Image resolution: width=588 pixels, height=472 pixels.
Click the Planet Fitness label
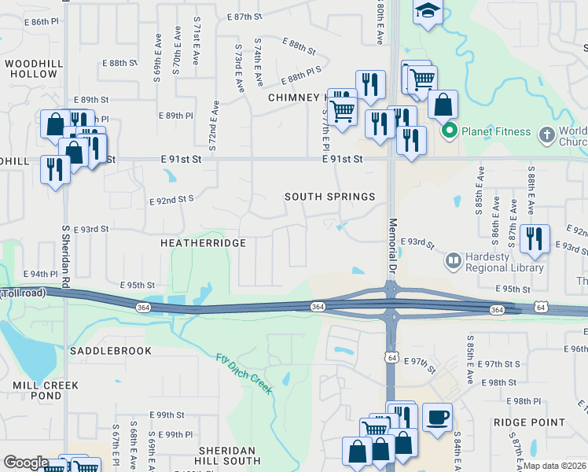click(x=496, y=131)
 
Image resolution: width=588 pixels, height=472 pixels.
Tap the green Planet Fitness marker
click(x=450, y=131)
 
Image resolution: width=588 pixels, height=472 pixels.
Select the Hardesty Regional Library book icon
click(x=453, y=260)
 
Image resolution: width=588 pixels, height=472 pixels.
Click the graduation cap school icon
click(x=428, y=12)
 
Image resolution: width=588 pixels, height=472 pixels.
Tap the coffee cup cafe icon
click(x=437, y=417)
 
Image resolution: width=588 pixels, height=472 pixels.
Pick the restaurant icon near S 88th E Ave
click(x=535, y=238)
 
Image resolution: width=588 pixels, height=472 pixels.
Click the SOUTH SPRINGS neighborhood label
click(x=329, y=196)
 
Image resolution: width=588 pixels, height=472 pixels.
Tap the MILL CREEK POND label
click(x=46, y=391)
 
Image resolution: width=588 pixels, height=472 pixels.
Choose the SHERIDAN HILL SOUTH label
click(x=229, y=455)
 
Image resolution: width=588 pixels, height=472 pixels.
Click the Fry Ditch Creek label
click(x=244, y=370)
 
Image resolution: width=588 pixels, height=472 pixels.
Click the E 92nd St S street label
click(x=171, y=201)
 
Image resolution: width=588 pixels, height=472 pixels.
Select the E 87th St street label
click(x=243, y=17)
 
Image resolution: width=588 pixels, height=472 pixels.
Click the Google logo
click(x=26, y=463)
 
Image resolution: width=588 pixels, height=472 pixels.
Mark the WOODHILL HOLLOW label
click(x=31, y=68)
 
